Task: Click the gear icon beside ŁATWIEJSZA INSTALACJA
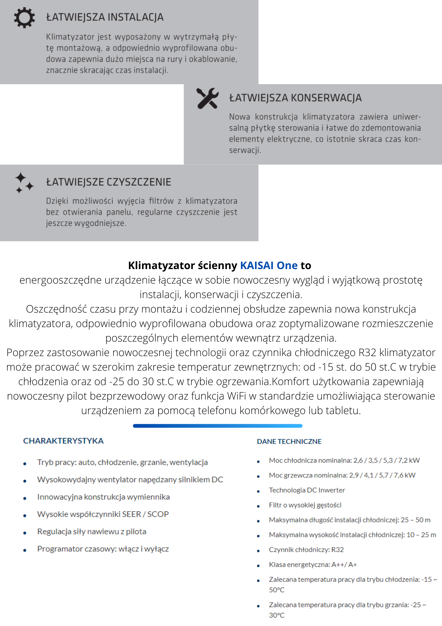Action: pyautogui.click(x=24, y=18)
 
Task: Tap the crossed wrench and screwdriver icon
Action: pyautogui.click(x=207, y=98)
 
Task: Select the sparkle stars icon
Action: pyautogui.click(x=24, y=183)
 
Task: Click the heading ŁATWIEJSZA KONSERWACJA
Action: pyautogui.click(x=295, y=98)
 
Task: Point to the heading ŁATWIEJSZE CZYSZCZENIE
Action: pyautogui.click(x=109, y=182)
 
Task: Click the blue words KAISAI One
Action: pyautogui.click(x=269, y=265)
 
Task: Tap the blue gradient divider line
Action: pyautogui.click(x=218, y=426)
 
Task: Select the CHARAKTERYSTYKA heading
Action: pyautogui.click(x=64, y=441)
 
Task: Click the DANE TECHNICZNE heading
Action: pyautogui.click(x=289, y=441)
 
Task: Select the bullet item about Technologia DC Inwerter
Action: pyautogui.click(x=307, y=490)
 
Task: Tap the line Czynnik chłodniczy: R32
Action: pyautogui.click(x=306, y=550)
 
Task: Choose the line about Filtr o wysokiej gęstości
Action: pyautogui.click(x=305, y=505)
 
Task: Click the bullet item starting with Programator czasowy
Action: pyautogui.click(x=103, y=549)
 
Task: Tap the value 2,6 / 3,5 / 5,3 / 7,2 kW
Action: pyautogui.click(x=386, y=460)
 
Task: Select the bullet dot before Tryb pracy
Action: pyautogui.click(x=25, y=464)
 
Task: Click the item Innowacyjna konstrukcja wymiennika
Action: pyautogui.click(x=103, y=497)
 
